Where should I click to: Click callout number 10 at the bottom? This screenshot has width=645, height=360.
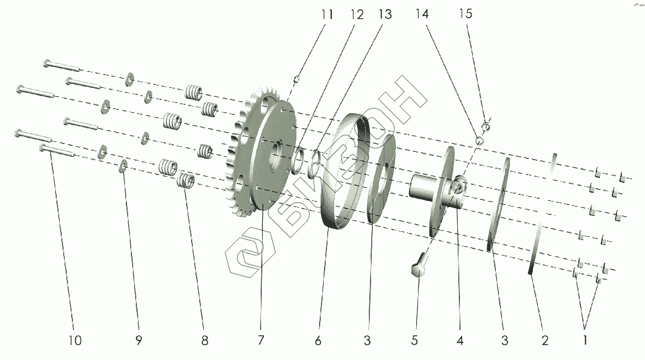(76, 341)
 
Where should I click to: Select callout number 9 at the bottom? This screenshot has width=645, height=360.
(139, 341)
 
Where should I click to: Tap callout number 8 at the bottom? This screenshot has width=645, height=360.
(204, 341)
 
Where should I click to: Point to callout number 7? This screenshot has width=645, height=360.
(260, 341)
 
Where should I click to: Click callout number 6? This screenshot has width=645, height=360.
(318, 341)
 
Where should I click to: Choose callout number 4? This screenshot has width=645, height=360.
(460, 341)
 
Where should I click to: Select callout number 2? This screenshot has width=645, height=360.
(544, 341)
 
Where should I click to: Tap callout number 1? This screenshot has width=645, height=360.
(585, 341)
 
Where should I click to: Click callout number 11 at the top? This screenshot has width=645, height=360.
(328, 15)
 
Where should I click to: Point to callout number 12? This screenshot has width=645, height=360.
(357, 15)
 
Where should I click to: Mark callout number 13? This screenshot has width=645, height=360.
(384, 15)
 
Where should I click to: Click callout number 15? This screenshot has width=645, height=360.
(466, 14)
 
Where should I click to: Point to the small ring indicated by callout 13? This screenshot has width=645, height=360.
(316, 163)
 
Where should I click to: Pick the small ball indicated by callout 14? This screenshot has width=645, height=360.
(480, 140)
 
